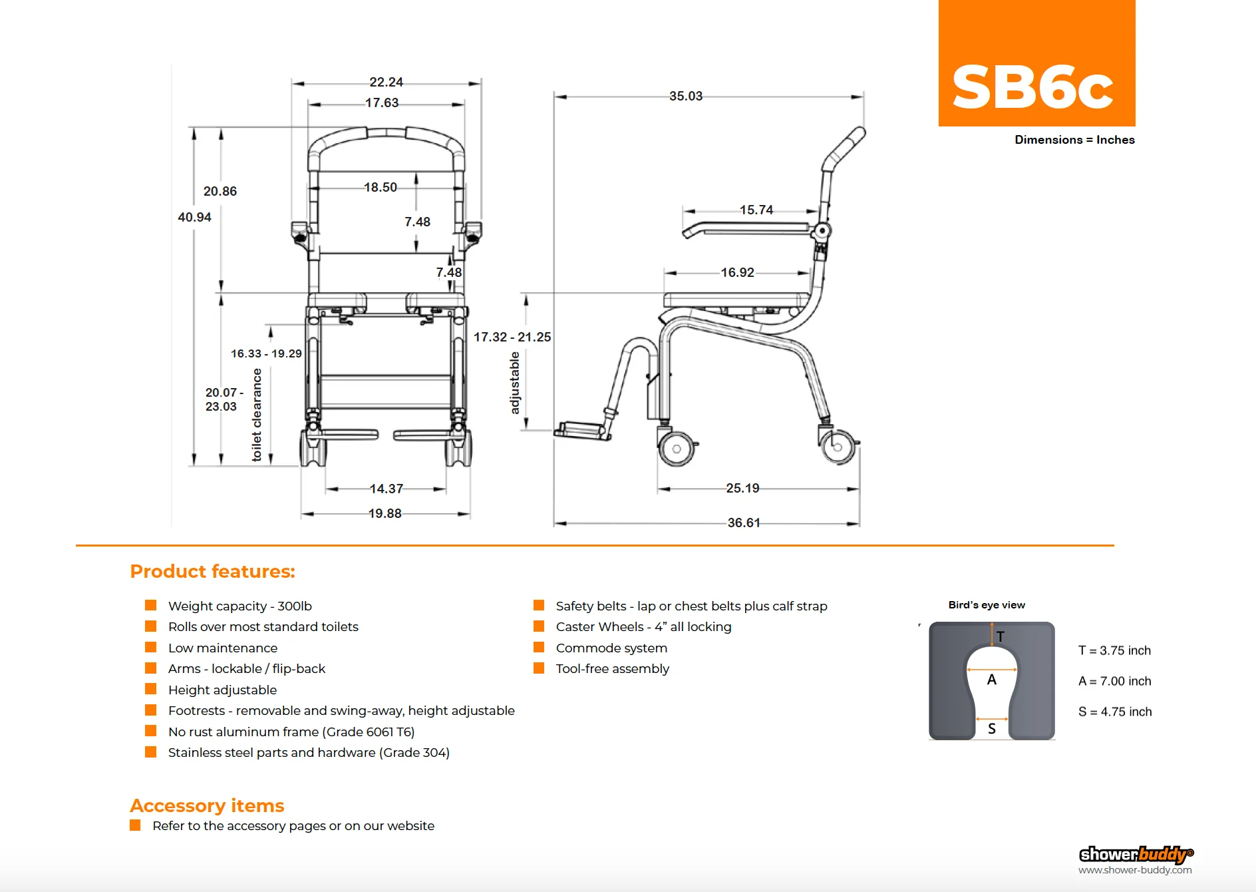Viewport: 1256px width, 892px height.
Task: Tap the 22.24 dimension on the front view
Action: pyautogui.click(x=386, y=82)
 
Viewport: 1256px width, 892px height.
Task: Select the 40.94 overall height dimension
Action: pyautogui.click(x=194, y=217)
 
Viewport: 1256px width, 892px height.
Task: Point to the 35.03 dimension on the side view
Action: pyautogui.click(x=686, y=96)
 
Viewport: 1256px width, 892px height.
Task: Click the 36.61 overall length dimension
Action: pyautogui.click(x=744, y=523)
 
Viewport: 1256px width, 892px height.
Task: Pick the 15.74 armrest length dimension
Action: pyautogui.click(x=756, y=210)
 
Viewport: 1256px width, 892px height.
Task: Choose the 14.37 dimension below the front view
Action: pyautogui.click(x=387, y=489)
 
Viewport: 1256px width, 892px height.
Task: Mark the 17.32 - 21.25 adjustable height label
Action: pyautogui.click(x=512, y=337)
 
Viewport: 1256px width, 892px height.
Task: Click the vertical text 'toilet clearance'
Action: pyautogui.click(x=257, y=415)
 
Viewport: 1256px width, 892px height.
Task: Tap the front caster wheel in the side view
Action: pyautogui.click(x=677, y=449)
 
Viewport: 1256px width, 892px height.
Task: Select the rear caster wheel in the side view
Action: pyautogui.click(x=838, y=446)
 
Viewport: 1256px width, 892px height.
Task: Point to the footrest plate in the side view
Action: pyautogui.click(x=582, y=430)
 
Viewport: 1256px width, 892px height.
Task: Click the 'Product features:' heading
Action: pyautogui.click(x=212, y=571)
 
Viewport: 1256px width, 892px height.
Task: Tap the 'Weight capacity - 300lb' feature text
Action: pyautogui.click(x=239, y=606)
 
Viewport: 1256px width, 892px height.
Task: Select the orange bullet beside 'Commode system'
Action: pyautogui.click(x=539, y=648)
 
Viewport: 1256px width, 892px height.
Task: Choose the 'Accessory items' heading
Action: pyautogui.click(x=207, y=805)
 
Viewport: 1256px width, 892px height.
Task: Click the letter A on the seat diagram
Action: pyautogui.click(x=991, y=680)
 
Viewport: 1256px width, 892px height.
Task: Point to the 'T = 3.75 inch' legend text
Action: pyautogui.click(x=1114, y=650)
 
